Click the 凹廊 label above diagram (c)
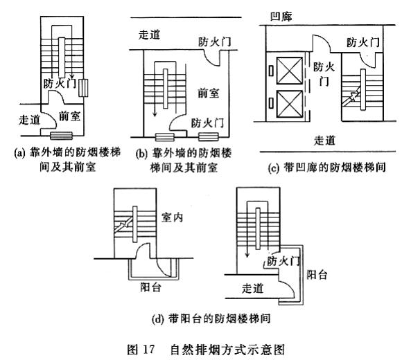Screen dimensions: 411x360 (x=281, y=16)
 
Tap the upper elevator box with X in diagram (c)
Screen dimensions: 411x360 (x=290, y=71)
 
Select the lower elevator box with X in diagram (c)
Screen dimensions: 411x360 (x=290, y=104)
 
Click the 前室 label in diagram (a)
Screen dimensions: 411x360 (x=69, y=116)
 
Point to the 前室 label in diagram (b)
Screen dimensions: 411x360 (x=209, y=93)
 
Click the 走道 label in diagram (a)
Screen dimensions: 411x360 (x=29, y=120)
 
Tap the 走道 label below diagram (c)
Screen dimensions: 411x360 (x=325, y=141)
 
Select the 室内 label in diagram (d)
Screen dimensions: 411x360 (x=172, y=217)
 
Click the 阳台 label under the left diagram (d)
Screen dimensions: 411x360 (x=150, y=287)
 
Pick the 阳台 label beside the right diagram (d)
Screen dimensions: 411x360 (x=317, y=274)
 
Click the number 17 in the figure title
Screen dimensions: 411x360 (x=149, y=349)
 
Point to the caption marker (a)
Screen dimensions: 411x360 (x=19, y=153)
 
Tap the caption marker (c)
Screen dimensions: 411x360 (x=273, y=168)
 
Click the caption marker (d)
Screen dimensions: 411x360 (x=157, y=319)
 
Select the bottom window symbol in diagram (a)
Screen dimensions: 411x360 (x=61, y=136)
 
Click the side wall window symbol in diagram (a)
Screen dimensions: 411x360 (x=83, y=88)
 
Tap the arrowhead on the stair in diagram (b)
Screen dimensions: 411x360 (x=155, y=114)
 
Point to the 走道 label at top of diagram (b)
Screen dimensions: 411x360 (x=149, y=35)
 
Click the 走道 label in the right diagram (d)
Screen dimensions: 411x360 (x=253, y=289)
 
